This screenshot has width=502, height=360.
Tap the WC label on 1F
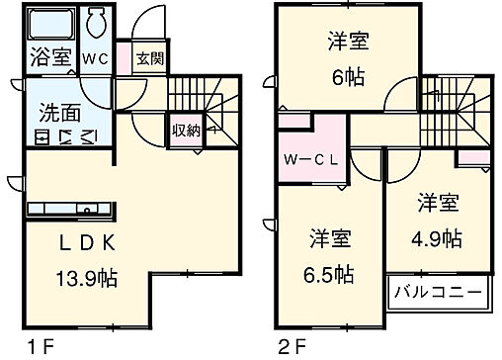click(94, 57)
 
